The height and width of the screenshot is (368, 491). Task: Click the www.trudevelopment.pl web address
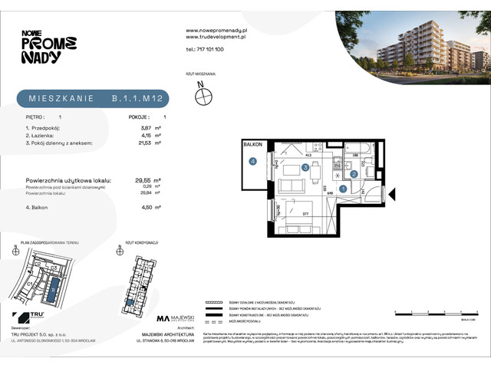[215, 36]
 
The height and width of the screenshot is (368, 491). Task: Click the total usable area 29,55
[137, 181]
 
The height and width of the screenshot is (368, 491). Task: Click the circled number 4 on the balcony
[252, 161]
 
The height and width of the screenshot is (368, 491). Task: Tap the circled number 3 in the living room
[305, 167]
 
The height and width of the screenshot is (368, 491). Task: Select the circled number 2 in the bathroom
[354, 174]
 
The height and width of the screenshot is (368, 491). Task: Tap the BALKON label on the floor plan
[253, 144]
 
